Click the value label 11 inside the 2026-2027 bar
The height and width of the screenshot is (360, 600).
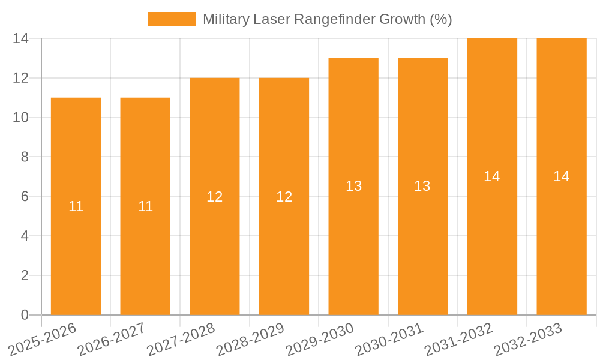click(x=145, y=206)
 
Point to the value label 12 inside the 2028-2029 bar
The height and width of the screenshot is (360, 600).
click(x=284, y=197)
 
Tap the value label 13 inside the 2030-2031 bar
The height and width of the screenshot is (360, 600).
click(x=422, y=186)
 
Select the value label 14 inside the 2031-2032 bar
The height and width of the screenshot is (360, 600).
click(x=492, y=176)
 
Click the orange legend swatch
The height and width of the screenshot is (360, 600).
click(x=172, y=19)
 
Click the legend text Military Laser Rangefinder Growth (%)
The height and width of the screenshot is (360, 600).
click(x=327, y=19)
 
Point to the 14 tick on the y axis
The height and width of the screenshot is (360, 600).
click(x=21, y=38)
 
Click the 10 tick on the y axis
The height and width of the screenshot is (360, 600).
click(x=21, y=118)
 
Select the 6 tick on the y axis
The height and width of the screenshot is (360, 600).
click(x=25, y=196)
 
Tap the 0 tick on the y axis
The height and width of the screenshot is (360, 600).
click(x=25, y=315)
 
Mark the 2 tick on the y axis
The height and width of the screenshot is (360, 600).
click(x=25, y=275)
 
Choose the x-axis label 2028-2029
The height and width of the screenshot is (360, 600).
click(x=251, y=339)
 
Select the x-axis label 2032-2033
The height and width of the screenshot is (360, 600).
click(x=528, y=339)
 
